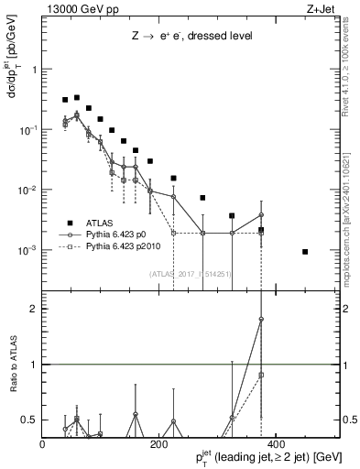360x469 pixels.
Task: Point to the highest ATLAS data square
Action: pyautogui.click(x=77, y=97)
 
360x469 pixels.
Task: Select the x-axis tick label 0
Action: pyautogui.click(x=43, y=444)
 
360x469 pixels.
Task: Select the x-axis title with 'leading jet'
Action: pyautogui.click(x=261, y=457)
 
